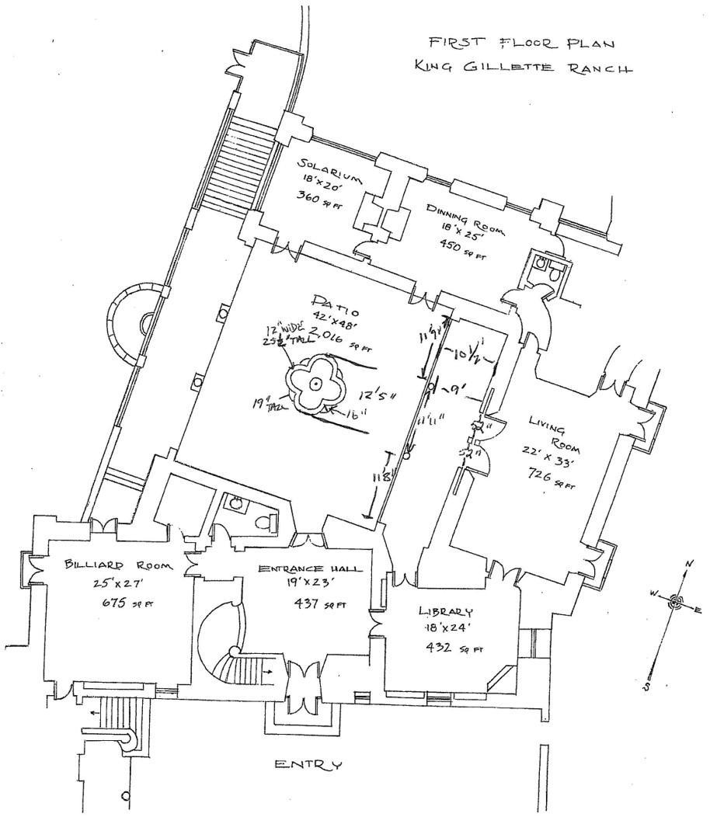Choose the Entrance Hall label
coord(309,569)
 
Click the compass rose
coord(676,600)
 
